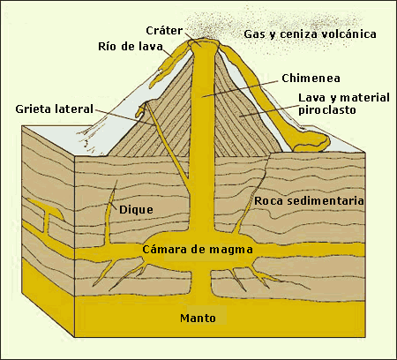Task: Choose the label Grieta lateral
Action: (53, 109)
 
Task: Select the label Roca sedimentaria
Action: (309, 202)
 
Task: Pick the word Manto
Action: (198, 317)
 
